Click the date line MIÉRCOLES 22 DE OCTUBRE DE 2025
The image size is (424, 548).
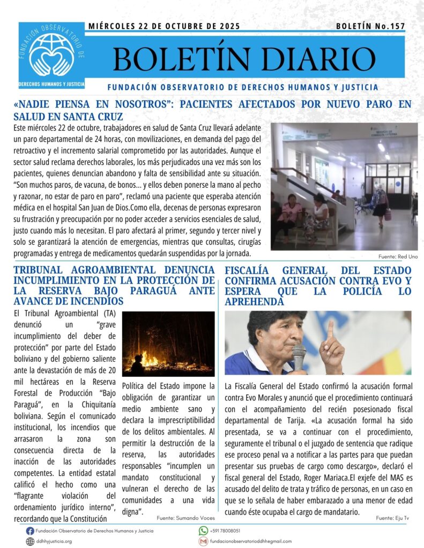163,26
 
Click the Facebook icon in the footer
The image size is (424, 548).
30,531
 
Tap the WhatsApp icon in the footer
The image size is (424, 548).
203,531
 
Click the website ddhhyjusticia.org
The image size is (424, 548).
54,541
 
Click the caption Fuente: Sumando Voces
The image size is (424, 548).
185,518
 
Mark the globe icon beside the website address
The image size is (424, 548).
30,541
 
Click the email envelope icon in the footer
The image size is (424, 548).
203,541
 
